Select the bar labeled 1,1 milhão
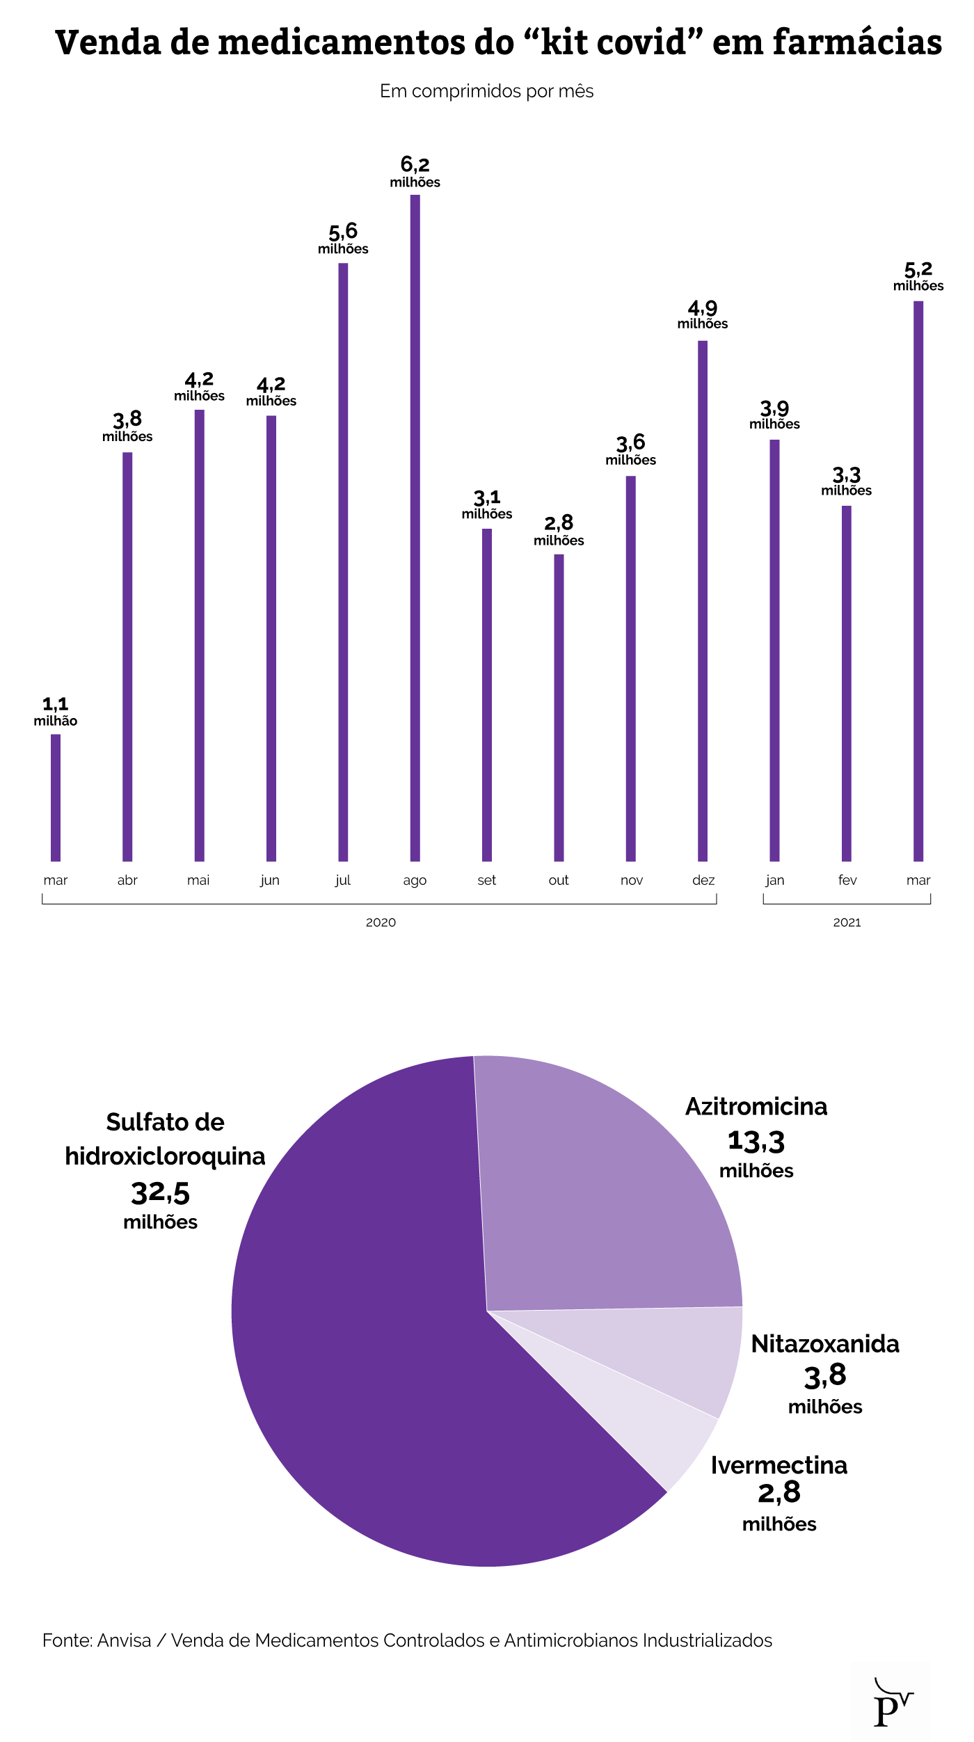[x=56, y=797]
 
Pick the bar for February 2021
[x=846, y=683]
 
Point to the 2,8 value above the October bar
[x=559, y=522]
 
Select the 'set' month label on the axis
[x=486, y=880]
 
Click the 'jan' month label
[x=774, y=880]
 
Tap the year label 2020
[x=381, y=922]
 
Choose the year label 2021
[x=847, y=922]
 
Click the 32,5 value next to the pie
[x=160, y=1193]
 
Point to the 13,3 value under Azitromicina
[x=756, y=1142]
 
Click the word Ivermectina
[x=779, y=1466]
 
